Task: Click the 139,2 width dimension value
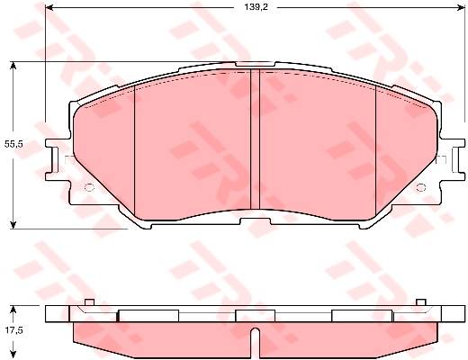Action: (256, 7)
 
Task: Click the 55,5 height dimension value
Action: (13, 144)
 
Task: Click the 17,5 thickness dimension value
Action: (13, 330)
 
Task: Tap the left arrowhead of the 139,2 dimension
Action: (49, 8)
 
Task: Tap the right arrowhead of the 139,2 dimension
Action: (461, 8)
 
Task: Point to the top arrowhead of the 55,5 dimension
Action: (13, 66)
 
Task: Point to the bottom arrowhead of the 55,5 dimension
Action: (13, 225)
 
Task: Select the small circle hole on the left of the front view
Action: (89, 187)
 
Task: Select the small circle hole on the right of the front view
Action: (421, 187)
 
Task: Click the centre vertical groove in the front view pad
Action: (255, 139)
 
